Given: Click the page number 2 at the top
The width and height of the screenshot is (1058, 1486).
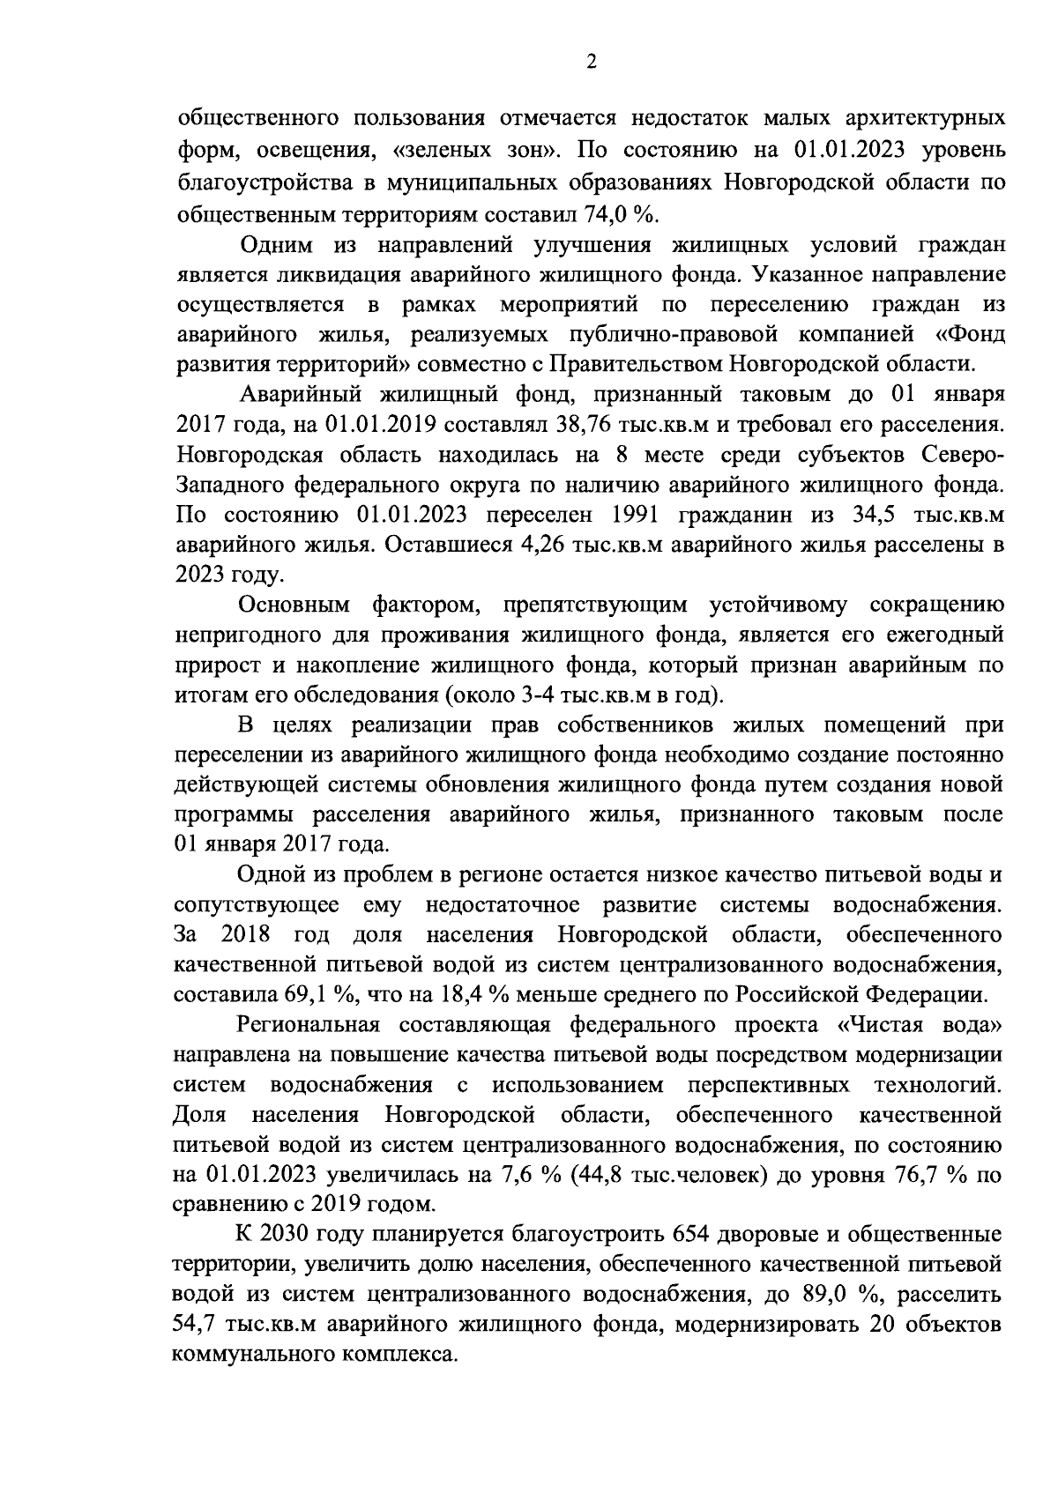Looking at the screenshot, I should pyautogui.click(x=590, y=61).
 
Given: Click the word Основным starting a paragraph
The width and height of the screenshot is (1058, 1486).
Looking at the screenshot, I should pyautogui.click(x=294, y=606).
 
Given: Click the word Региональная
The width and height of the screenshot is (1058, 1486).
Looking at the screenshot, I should pyautogui.click(x=308, y=1025).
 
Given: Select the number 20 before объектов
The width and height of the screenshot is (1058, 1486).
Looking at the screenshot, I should pyautogui.click(x=881, y=1325).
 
